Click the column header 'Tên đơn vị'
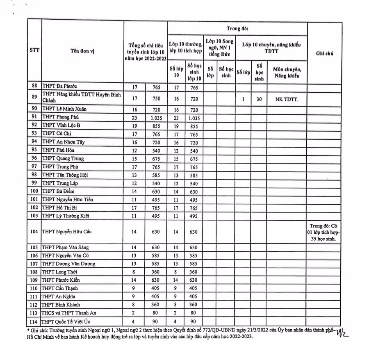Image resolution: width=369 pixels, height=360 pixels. tap(82, 51)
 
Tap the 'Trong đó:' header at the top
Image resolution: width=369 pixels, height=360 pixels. tap(237, 28)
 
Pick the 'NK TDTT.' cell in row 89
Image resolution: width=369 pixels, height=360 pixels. tap(287, 99)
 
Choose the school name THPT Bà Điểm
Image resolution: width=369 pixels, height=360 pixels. tap(58, 191)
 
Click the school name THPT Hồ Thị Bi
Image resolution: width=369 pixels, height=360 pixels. tap(59, 207)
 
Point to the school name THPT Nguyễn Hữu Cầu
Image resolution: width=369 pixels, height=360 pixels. tap(66, 232)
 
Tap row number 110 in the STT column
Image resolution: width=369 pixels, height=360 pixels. tap(34, 288)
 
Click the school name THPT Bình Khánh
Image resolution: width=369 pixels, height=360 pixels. tap(61, 305)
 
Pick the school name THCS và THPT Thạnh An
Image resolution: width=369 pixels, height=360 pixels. tap(69, 313)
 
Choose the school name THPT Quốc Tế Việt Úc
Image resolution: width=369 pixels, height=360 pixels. tap(68, 321)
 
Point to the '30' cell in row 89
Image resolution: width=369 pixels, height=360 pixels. tap(259, 99)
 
